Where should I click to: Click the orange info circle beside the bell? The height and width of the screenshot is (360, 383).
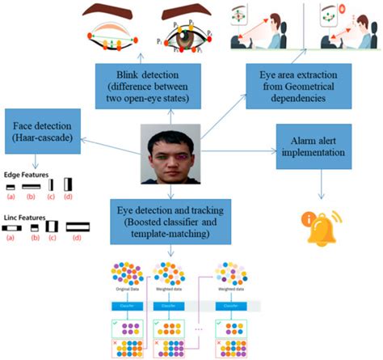[306, 219]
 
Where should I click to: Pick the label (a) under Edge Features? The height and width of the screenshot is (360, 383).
[11, 197]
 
